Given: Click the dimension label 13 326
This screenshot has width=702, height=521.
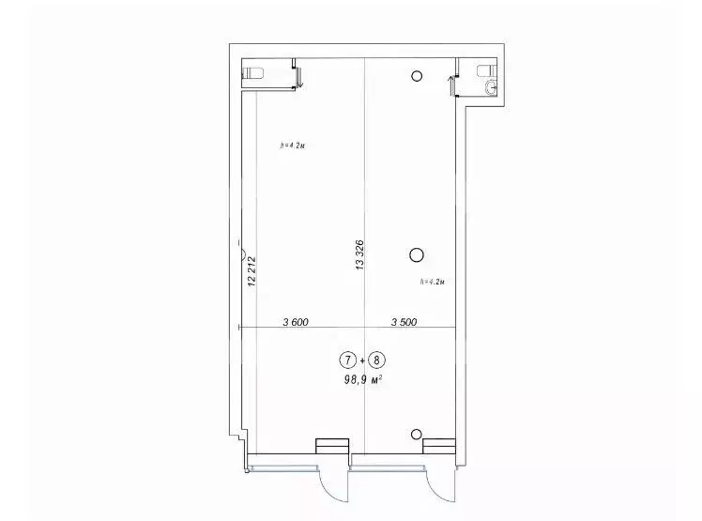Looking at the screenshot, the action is click(359, 255).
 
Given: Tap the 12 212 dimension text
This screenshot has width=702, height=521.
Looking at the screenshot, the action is click(252, 271).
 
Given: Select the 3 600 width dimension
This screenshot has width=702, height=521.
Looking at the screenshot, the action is click(296, 322).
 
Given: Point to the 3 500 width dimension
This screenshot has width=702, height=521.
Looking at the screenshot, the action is click(404, 322).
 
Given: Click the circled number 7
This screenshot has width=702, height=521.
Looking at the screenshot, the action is click(347, 360).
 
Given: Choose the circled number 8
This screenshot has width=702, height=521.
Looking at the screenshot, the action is click(377, 360).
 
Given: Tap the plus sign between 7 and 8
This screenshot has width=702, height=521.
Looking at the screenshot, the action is click(362, 360).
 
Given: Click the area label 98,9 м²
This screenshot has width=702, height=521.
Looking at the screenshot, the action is click(362, 380).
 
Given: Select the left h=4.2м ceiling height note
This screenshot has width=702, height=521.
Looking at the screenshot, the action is click(293, 146).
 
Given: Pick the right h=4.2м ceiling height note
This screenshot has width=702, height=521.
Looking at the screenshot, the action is click(432, 282).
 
